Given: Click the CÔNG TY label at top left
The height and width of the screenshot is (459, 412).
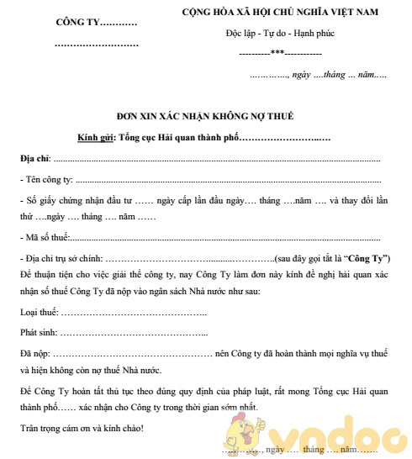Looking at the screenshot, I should (x=95, y=21).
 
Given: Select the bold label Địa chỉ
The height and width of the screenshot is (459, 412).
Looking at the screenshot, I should (x=34, y=159).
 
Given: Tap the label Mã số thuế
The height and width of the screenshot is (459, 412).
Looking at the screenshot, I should (x=48, y=238).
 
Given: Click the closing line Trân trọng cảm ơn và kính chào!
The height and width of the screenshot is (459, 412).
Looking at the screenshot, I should (x=82, y=429).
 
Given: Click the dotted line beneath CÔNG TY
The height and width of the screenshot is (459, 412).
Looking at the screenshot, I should (x=95, y=41).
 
